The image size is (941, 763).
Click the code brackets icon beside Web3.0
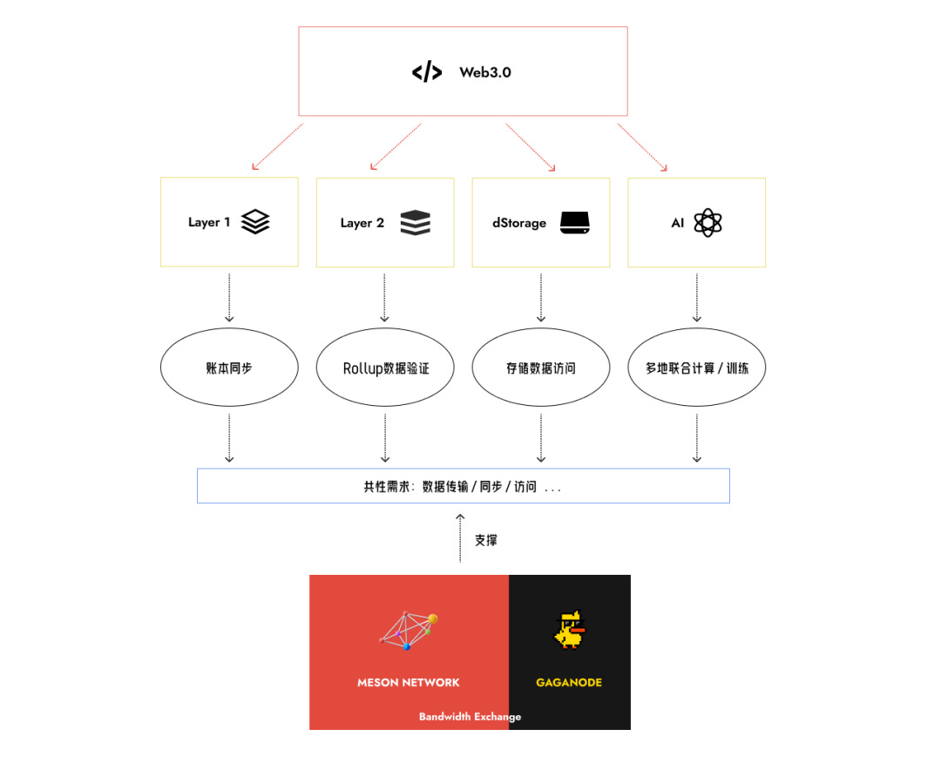427,72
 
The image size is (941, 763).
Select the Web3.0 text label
485,72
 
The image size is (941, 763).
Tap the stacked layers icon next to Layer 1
255,222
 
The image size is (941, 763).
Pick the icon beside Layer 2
416,223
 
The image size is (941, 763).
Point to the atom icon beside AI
707,223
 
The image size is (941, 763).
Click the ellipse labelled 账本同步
229,368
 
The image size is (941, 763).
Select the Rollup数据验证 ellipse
385,368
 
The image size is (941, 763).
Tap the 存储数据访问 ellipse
541,368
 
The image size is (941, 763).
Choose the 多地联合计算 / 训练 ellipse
697,368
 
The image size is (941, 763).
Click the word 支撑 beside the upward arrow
486,540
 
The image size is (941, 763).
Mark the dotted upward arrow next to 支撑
460,538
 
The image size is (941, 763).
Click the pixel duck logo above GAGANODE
570,630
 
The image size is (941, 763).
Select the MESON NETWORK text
408,682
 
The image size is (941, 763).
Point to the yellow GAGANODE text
569,682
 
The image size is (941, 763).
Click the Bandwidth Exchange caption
470,717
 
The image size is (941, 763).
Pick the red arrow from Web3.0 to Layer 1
277,145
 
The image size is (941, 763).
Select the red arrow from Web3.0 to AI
643,146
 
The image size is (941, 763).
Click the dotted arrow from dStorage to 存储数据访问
541,297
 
